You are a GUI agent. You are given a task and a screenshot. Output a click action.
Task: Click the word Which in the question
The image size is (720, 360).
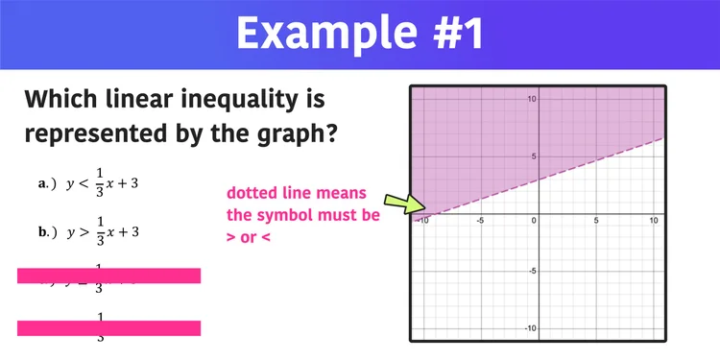click(x=66, y=99)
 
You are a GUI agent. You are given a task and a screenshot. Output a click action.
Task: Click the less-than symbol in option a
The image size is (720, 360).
click(x=84, y=183)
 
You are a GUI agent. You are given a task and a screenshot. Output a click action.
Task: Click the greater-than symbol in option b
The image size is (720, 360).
click(x=84, y=232)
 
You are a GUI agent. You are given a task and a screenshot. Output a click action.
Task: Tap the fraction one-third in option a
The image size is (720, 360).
click(x=101, y=183)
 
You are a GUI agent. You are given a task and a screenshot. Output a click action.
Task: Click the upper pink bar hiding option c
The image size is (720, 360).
click(x=108, y=276)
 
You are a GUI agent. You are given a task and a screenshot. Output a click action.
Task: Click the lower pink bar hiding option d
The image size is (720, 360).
click(x=108, y=328)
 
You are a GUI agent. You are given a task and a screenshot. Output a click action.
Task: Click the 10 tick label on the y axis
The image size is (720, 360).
click(x=529, y=99)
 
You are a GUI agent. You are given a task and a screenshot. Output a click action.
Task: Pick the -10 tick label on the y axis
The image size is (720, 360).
click(x=527, y=328)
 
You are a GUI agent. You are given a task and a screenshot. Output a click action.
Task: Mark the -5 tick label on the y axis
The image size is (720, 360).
click(x=529, y=271)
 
